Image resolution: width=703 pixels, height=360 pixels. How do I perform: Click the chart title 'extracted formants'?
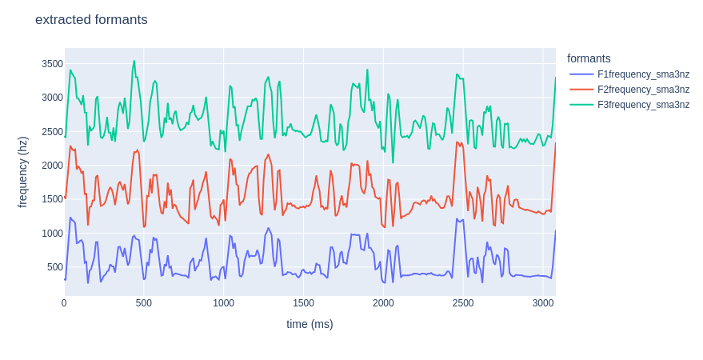coord(91,20)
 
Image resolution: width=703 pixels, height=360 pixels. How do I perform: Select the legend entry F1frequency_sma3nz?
coord(643,74)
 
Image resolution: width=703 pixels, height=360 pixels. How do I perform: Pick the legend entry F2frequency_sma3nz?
coord(643,90)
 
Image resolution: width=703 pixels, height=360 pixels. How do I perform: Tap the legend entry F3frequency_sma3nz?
coord(643,105)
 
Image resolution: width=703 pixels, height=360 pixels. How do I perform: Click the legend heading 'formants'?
coord(589,58)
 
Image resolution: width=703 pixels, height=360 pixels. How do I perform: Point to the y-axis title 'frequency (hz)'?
coord(22,172)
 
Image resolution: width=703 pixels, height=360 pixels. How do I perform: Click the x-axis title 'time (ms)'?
coord(310,324)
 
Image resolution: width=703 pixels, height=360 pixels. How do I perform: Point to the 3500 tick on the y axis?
coord(52,64)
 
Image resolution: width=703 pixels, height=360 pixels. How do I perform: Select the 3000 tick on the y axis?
coord(52,98)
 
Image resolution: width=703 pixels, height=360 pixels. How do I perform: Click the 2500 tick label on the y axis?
coord(52,132)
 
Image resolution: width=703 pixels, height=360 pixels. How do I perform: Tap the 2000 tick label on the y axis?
coord(52,166)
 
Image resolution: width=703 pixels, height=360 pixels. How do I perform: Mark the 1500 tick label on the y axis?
coord(52,199)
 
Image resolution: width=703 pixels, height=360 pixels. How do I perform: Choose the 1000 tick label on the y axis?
coord(52,234)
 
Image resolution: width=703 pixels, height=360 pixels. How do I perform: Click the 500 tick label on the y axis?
coord(54,267)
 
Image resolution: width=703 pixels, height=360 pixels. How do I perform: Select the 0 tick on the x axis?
coord(65,303)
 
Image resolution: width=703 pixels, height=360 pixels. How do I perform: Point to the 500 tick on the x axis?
coord(144,303)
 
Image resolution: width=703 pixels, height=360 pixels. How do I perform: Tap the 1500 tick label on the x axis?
coord(303,303)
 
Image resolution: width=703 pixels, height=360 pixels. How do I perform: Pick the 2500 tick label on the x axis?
coord(463,303)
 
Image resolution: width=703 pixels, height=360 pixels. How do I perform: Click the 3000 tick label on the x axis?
coord(543,303)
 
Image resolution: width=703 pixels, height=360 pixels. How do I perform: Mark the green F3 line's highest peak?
coord(134,61)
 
